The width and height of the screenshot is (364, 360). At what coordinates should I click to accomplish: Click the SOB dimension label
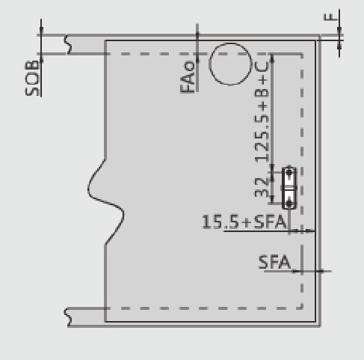click(x=32, y=78)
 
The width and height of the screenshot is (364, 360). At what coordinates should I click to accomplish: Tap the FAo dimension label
click(x=188, y=77)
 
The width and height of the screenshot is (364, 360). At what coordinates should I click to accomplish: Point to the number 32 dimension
click(x=261, y=187)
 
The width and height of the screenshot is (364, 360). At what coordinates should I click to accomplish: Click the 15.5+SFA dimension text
click(x=244, y=222)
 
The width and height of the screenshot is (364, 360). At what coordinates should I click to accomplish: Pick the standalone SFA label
click(x=274, y=262)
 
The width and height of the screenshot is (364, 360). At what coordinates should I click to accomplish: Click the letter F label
click(x=330, y=16)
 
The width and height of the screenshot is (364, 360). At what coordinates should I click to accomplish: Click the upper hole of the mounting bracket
click(x=289, y=172)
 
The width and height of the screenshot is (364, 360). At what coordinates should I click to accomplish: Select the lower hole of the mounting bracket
click(x=289, y=204)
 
